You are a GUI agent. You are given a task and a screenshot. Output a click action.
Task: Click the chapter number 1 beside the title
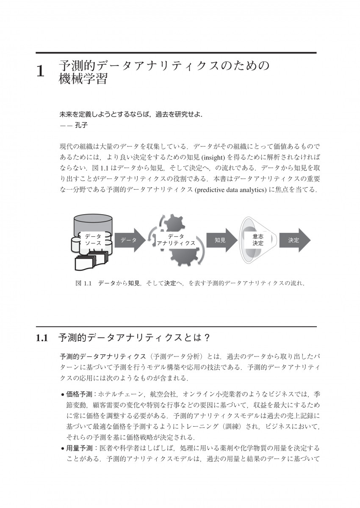click(41, 71)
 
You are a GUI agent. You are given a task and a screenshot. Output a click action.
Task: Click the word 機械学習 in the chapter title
click(83, 79)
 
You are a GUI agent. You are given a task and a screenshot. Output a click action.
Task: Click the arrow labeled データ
click(129, 240)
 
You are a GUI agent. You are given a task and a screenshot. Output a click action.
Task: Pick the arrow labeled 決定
click(294, 240)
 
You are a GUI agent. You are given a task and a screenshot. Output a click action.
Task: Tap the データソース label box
click(93, 240)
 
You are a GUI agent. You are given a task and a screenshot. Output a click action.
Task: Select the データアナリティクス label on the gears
click(176, 240)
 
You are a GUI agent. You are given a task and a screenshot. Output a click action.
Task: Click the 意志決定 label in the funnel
click(258, 240)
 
